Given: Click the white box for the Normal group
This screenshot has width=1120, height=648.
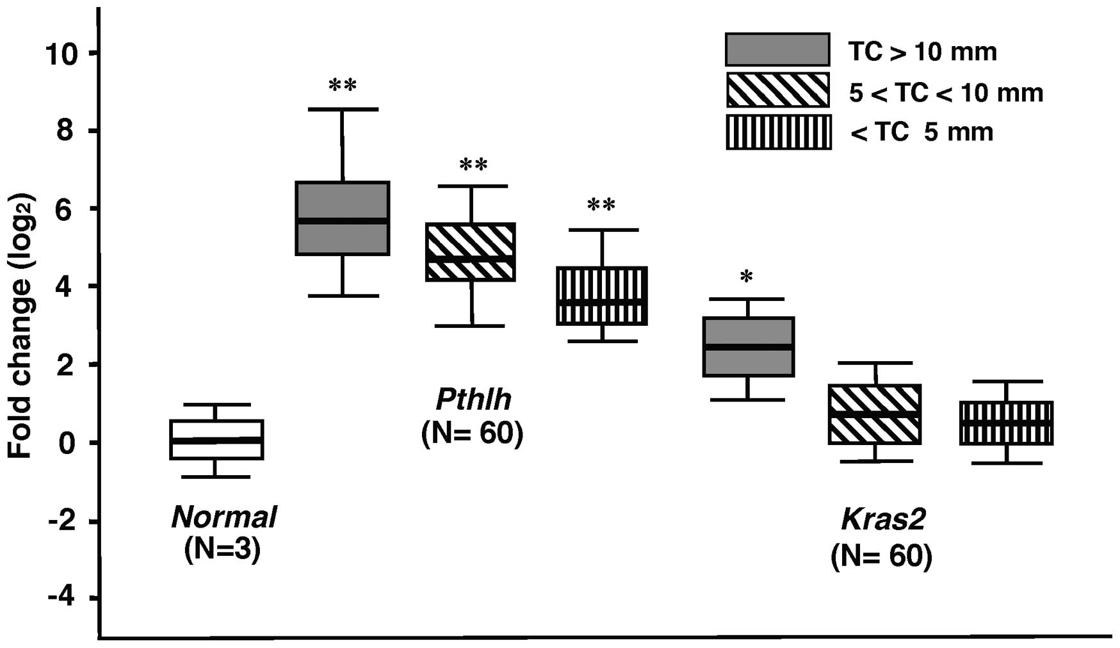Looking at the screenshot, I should [x=216, y=439].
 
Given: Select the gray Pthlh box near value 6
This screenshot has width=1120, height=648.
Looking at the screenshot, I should [x=343, y=218].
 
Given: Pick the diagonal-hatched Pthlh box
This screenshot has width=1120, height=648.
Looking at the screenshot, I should [x=471, y=252].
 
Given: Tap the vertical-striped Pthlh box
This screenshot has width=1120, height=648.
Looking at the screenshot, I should [x=602, y=296].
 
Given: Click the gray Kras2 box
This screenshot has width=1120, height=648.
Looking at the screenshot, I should [x=748, y=346].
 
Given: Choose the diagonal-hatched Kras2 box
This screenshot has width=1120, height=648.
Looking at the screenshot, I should [x=875, y=414].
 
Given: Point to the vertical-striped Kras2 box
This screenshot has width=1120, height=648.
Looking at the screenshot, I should [x=1006, y=423].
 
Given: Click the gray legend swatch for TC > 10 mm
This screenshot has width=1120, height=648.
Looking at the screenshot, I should [x=777, y=49].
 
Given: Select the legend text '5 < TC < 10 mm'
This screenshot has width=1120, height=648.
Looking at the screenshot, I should [x=946, y=93].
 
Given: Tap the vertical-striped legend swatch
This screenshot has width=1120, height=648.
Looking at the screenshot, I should [x=778, y=132].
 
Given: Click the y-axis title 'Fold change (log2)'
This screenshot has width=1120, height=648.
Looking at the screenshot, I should [x=20, y=326].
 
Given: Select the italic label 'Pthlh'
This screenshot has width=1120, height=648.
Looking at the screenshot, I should [x=473, y=400].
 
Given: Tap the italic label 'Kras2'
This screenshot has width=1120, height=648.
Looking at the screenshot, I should [x=882, y=520].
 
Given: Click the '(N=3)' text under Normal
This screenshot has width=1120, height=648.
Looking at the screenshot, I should [x=222, y=550].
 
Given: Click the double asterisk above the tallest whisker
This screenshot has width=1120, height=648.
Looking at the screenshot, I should [x=343, y=86].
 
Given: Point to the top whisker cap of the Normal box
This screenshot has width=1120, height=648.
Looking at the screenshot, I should [x=216, y=404].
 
